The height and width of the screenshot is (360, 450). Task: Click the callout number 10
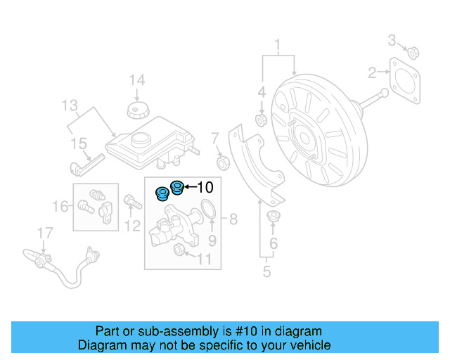pos(205,187)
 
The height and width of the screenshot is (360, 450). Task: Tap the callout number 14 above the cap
pos(136,80)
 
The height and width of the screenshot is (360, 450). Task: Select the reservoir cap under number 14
pos(136,110)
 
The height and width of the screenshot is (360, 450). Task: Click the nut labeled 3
pos(414,51)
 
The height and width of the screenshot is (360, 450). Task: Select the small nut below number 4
pos(260,121)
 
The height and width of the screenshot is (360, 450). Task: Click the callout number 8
pos(232,219)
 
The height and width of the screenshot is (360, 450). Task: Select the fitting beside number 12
pos(131,202)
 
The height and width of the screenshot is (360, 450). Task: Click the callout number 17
pos(44,232)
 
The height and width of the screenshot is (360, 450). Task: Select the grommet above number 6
pos(274,215)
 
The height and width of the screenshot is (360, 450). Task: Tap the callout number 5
pos(266,271)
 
